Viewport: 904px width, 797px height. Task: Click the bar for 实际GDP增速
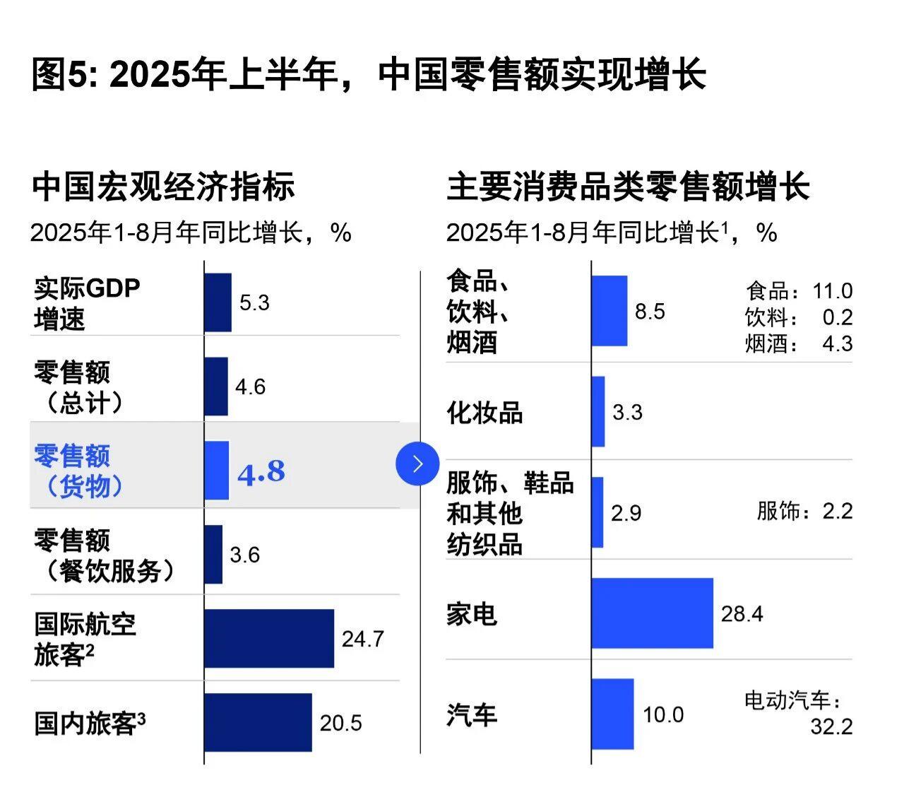(x=218, y=302)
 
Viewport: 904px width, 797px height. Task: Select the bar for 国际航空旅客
(x=269, y=638)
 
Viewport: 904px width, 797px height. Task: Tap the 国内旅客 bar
(x=258, y=722)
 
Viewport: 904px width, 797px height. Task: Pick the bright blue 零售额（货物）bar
(x=217, y=471)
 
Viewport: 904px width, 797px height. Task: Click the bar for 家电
(x=652, y=613)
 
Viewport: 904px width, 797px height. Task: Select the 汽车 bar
(x=612, y=714)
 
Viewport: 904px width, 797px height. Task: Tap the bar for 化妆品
(x=598, y=411)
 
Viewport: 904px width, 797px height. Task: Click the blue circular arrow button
(x=417, y=464)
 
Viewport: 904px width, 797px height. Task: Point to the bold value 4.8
(x=261, y=472)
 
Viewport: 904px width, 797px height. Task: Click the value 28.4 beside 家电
(x=742, y=613)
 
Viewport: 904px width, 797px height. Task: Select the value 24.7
(x=362, y=639)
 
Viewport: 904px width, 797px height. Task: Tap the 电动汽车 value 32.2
(x=831, y=726)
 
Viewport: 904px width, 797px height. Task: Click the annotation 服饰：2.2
(x=804, y=511)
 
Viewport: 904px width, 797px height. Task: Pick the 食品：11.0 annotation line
(x=799, y=290)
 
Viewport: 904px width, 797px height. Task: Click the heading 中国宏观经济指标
(x=163, y=187)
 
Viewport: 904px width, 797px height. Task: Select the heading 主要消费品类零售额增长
(x=627, y=187)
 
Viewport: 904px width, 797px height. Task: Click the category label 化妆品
(x=484, y=413)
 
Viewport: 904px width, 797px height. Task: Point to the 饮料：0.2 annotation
(x=799, y=317)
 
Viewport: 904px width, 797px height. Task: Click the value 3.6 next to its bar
(x=244, y=555)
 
